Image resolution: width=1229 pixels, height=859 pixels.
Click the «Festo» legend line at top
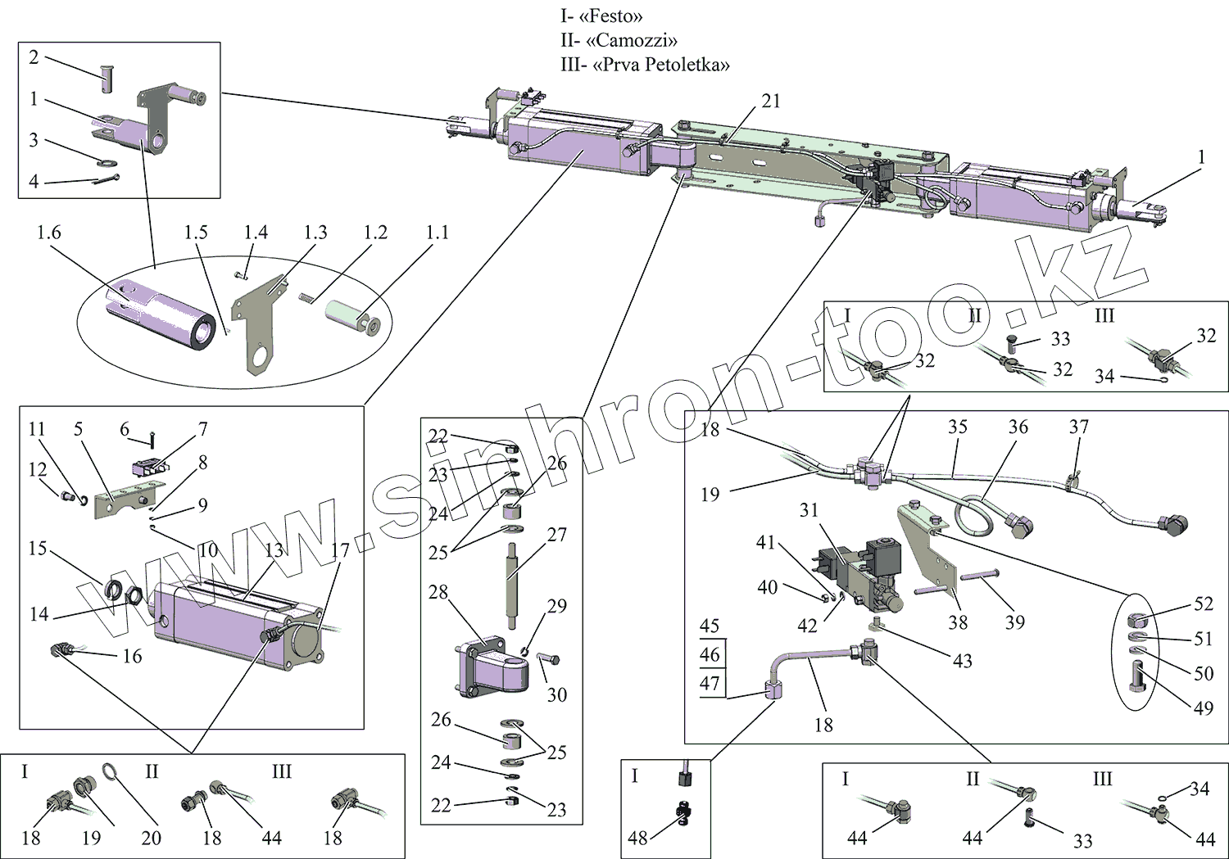pyautogui.click(x=601, y=16)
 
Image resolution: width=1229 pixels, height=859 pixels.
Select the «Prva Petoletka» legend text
pyautogui.click(x=645, y=65)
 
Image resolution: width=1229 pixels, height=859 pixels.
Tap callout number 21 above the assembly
pyautogui.click(x=771, y=101)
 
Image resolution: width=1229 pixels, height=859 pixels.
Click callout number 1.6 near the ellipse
pyautogui.click(x=48, y=233)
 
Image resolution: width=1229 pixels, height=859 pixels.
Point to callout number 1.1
pyautogui.click(x=438, y=233)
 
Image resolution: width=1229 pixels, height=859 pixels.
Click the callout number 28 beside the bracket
pyautogui.click(x=438, y=591)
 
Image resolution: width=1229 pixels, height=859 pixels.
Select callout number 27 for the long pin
pyautogui.click(x=557, y=535)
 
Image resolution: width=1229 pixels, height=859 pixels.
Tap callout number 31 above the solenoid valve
pyautogui.click(x=810, y=510)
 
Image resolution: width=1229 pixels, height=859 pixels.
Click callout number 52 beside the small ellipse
pyautogui.click(x=1204, y=604)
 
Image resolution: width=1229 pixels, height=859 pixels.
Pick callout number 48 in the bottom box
pyautogui.click(x=637, y=838)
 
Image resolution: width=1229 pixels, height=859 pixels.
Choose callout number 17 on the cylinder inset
pyautogui.click(x=340, y=551)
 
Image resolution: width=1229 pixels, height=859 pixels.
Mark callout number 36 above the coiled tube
pyautogui.click(x=1018, y=427)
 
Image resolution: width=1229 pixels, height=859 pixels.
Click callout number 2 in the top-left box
pyautogui.click(x=34, y=57)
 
